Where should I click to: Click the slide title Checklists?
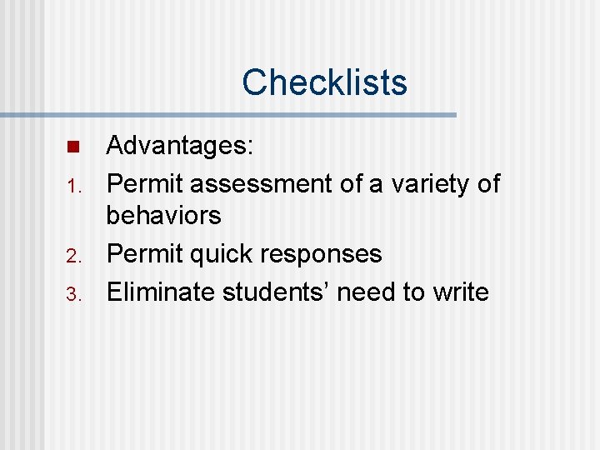tap(324, 82)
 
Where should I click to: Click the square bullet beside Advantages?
tap(72, 147)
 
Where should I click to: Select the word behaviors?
tap(163, 216)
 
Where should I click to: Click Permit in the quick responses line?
tap(145, 253)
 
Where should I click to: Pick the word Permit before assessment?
tap(145, 183)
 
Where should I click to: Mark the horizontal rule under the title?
tap(228, 115)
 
